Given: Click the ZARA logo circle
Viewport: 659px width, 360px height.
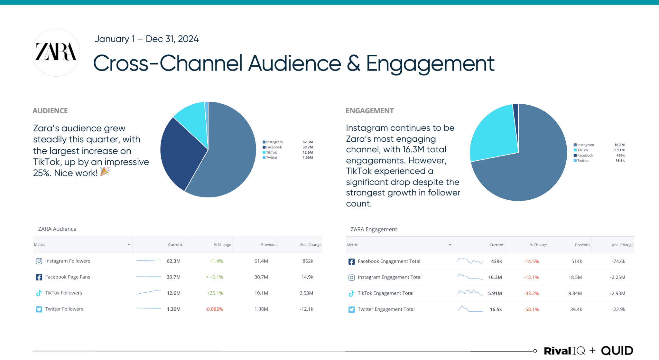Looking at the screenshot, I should tap(56, 52).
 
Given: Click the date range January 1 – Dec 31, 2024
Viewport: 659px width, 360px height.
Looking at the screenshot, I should tap(146, 39).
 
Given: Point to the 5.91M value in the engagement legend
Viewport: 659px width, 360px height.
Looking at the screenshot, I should tap(619, 150).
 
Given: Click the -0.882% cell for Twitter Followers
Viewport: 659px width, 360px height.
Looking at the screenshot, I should tap(214, 309).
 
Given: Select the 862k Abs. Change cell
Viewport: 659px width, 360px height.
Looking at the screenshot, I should tap(308, 261).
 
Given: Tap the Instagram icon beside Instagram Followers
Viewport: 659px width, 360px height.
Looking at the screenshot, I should tap(39, 261).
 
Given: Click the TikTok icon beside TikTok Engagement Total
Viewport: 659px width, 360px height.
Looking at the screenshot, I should tap(351, 293).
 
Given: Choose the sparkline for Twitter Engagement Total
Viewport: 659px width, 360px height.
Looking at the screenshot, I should tap(470, 309).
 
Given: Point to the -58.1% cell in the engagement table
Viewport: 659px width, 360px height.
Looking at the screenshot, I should tap(531, 309).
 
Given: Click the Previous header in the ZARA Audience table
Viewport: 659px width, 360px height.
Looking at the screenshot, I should tap(268, 245).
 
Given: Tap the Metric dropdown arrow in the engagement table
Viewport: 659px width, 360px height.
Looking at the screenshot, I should tap(450, 245).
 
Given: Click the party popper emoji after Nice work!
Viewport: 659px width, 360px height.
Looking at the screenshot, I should tap(105, 172).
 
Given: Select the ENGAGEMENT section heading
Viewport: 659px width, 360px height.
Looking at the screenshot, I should tap(369, 111).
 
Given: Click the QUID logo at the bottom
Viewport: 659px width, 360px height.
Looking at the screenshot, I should tap(617, 350).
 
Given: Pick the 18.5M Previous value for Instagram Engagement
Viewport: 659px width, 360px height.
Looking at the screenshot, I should tap(575, 277).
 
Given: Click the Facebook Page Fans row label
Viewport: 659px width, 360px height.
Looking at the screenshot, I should tap(68, 277).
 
